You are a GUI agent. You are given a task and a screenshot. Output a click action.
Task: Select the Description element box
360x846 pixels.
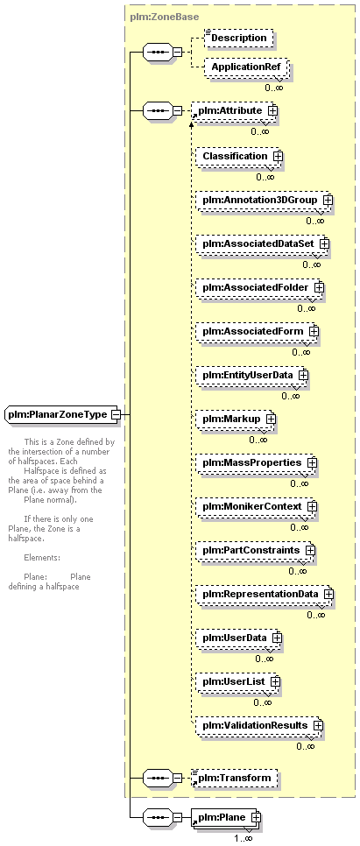click(238, 39)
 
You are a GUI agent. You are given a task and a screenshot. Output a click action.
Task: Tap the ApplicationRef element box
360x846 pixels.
click(246, 68)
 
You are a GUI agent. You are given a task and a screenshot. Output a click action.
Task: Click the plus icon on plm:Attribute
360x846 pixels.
click(272, 110)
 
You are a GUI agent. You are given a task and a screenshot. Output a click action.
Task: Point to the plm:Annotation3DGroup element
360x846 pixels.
click(264, 200)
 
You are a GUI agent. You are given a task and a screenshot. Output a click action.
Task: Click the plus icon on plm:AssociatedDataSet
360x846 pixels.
click(324, 243)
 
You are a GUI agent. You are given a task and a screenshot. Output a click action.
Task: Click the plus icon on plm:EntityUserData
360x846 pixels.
click(303, 374)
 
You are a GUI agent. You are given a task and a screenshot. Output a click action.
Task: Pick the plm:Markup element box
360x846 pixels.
click(235, 419)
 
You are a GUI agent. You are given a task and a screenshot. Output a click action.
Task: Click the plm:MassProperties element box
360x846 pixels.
click(256, 463)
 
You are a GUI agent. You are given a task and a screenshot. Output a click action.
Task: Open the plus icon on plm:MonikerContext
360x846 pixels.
click(312, 506)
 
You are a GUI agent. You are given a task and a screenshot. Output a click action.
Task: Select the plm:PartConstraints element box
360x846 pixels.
click(255, 550)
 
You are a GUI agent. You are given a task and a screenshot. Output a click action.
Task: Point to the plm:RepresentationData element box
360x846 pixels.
click(265, 594)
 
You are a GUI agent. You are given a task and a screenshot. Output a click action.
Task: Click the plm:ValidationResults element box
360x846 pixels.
click(259, 725)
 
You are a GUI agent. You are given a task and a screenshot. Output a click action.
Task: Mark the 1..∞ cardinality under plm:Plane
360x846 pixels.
click(243, 838)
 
